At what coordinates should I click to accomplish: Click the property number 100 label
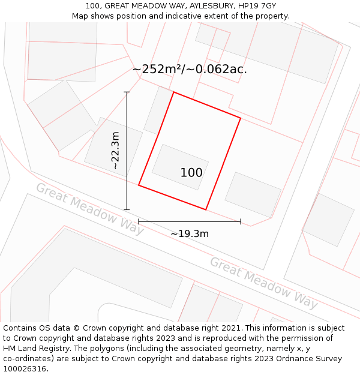pos(191,173)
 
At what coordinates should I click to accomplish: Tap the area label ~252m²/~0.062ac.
pos(190,69)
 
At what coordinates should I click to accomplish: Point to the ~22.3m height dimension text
pos(115,151)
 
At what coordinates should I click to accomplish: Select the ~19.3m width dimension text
pos(190,233)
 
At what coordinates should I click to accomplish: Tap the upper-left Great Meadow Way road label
pos(89,208)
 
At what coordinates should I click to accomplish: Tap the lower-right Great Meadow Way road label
pos(263,283)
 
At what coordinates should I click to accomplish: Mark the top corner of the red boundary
pos(173,92)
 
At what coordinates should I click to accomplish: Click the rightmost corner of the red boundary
pos(241,118)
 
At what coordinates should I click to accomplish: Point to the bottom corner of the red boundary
pos(206,209)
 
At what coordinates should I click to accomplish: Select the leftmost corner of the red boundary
pos(139,185)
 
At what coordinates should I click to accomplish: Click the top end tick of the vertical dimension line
pos(127,92)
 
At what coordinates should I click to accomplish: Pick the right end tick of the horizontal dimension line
pos(241,221)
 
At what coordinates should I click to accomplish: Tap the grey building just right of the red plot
pos(253,194)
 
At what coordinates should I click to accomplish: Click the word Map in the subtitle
pos(81,16)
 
